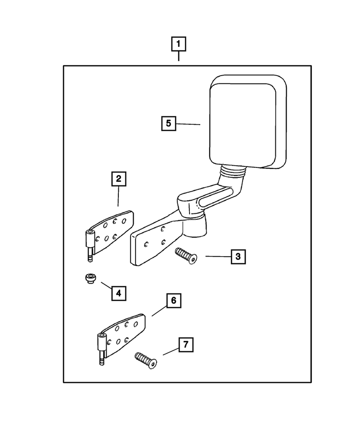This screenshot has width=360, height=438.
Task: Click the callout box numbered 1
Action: tap(179, 44)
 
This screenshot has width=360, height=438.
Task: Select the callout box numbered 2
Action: tap(118, 179)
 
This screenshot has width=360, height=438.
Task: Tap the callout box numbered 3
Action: tap(238, 257)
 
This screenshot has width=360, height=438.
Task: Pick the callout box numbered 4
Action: tap(119, 294)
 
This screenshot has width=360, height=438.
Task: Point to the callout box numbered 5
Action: tap(169, 123)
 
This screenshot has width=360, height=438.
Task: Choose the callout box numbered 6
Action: tap(174, 301)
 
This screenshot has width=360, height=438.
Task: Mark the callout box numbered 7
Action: tap(186, 345)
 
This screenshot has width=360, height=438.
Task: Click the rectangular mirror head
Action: tap(248, 122)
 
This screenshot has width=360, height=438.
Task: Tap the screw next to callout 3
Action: tap(186, 256)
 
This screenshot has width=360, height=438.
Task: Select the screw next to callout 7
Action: tap(146, 361)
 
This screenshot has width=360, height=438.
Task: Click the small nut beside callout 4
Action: tap(90, 279)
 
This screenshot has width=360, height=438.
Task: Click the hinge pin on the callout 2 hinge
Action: tap(90, 246)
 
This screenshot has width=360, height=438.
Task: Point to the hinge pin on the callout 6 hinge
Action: tap(102, 349)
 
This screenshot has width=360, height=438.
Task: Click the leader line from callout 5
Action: tap(188, 124)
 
